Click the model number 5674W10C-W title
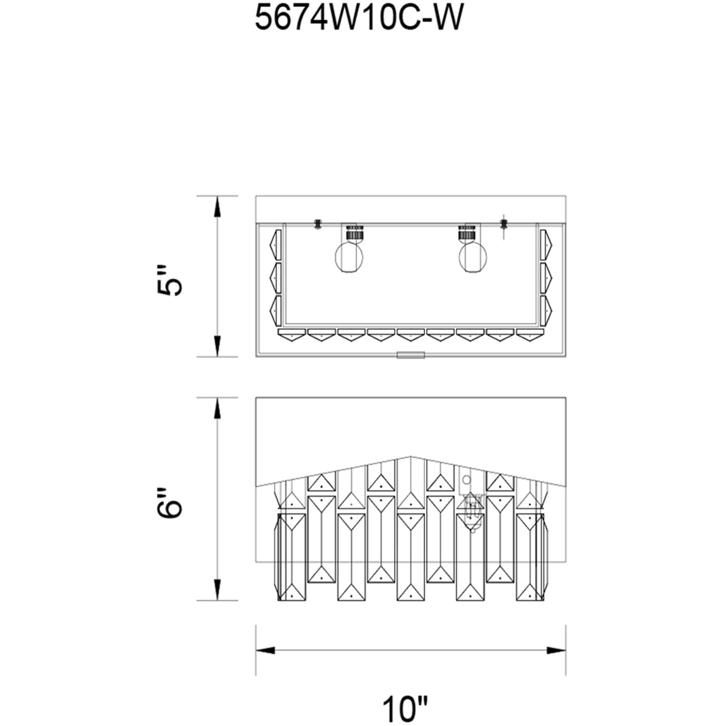(x=359, y=19)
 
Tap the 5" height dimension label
(x=169, y=280)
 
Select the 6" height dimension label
(x=169, y=502)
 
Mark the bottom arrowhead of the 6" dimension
(x=217, y=590)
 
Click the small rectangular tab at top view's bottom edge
(x=411, y=355)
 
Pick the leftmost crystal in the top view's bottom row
(x=292, y=335)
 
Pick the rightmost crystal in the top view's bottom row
(x=530, y=335)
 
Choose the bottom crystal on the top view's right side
(x=546, y=310)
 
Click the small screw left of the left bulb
(x=318, y=223)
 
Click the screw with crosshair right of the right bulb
(x=504, y=223)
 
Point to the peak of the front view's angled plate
(x=410, y=456)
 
